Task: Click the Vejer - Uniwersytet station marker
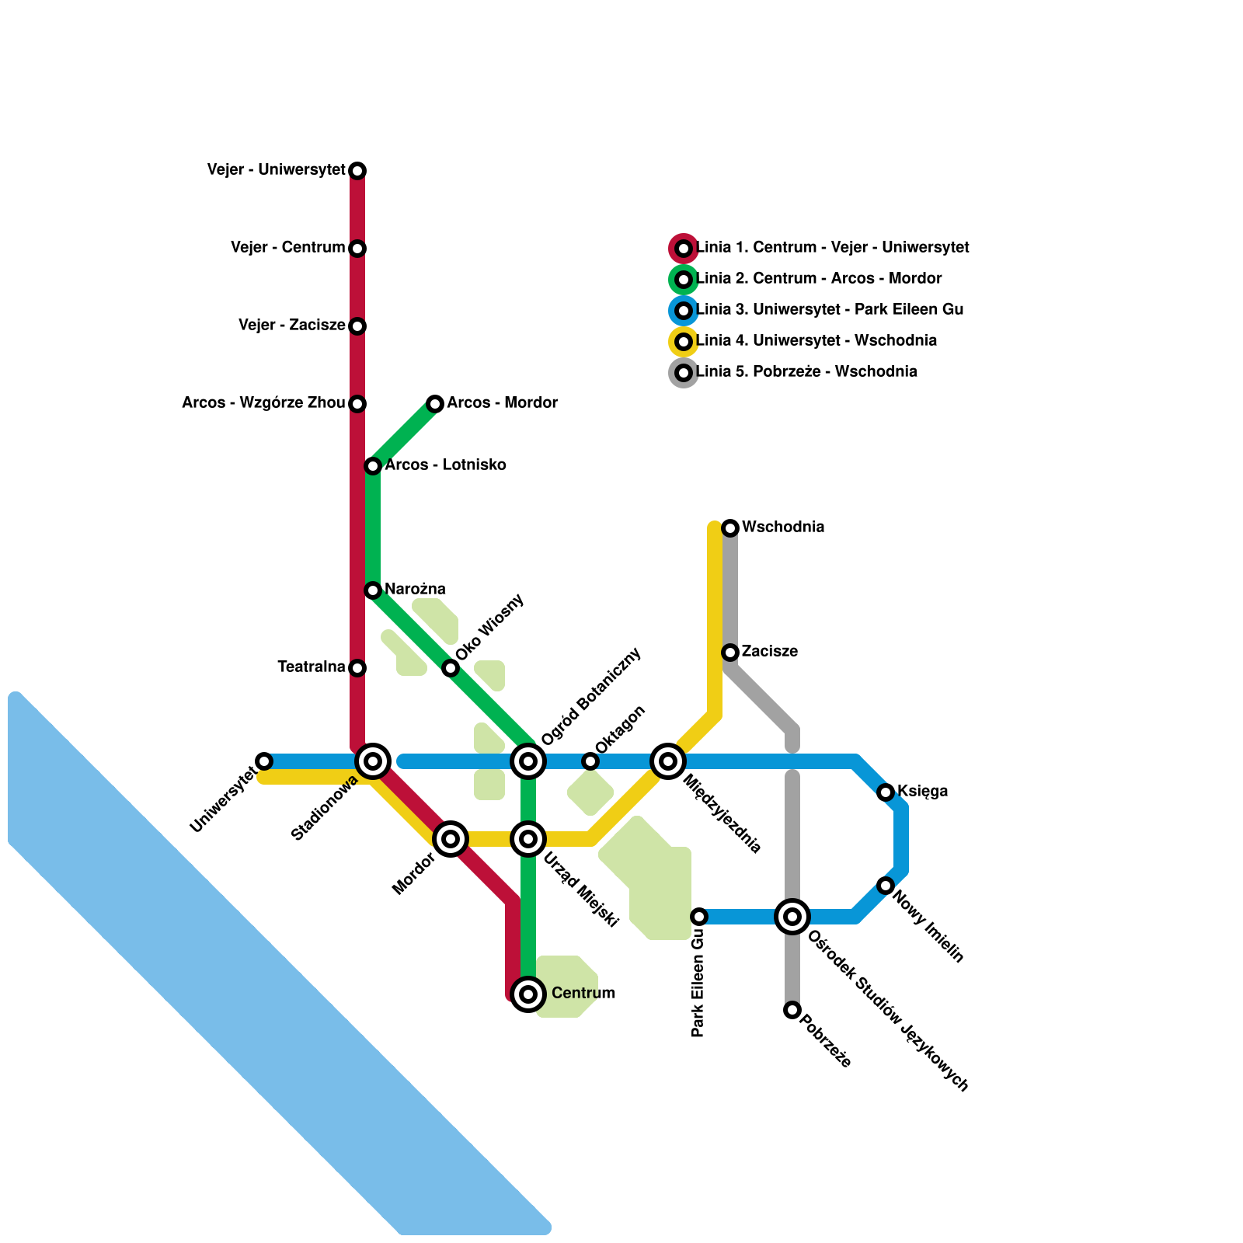tap(357, 170)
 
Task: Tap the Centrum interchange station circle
tap(528, 994)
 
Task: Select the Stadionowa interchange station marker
tap(373, 761)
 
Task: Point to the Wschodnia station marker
tap(730, 528)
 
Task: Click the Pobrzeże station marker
tap(792, 1010)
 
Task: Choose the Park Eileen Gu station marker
tap(699, 917)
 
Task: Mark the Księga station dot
tap(886, 792)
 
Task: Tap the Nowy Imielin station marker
tap(886, 886)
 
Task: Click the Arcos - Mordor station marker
tap(435, 403)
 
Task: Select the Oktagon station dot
tap(590, 761)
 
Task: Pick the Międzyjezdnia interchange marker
tap(668, 761)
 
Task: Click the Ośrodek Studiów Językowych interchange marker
tap(792, 917)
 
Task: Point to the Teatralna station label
tap(311, 667)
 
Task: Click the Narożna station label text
tap(415, 590)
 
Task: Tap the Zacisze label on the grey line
tap(769, 652)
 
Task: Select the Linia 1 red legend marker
tap(684, 249)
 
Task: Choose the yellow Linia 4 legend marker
tap(684, 342)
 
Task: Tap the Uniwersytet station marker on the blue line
tap(264, 761)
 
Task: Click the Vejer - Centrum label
tap(287, 248)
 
